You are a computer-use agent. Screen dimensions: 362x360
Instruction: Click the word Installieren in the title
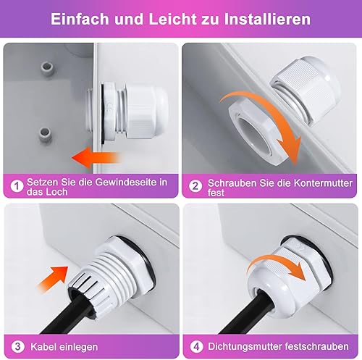coord(267,19)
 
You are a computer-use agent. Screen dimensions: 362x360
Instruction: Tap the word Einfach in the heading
coord(80,19)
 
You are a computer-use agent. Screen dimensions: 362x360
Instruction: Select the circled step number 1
coord(17,186)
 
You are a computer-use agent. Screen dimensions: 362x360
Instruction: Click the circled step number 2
coord(195,186)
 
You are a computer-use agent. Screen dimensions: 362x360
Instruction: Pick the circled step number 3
coord(18,347)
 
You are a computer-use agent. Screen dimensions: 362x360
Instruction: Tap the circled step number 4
coord(196,347)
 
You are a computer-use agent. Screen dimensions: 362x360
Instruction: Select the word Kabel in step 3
coord(43,347)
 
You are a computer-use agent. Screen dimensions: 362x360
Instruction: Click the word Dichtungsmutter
coord(245,346)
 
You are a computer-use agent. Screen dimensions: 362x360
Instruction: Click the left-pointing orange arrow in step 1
coord(96,158)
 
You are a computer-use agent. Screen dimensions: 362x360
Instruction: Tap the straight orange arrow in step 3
coord(53,279)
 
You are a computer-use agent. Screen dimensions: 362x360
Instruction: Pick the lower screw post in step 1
coord(45,134)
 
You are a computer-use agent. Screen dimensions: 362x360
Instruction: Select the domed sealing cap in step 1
coord(146,111)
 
